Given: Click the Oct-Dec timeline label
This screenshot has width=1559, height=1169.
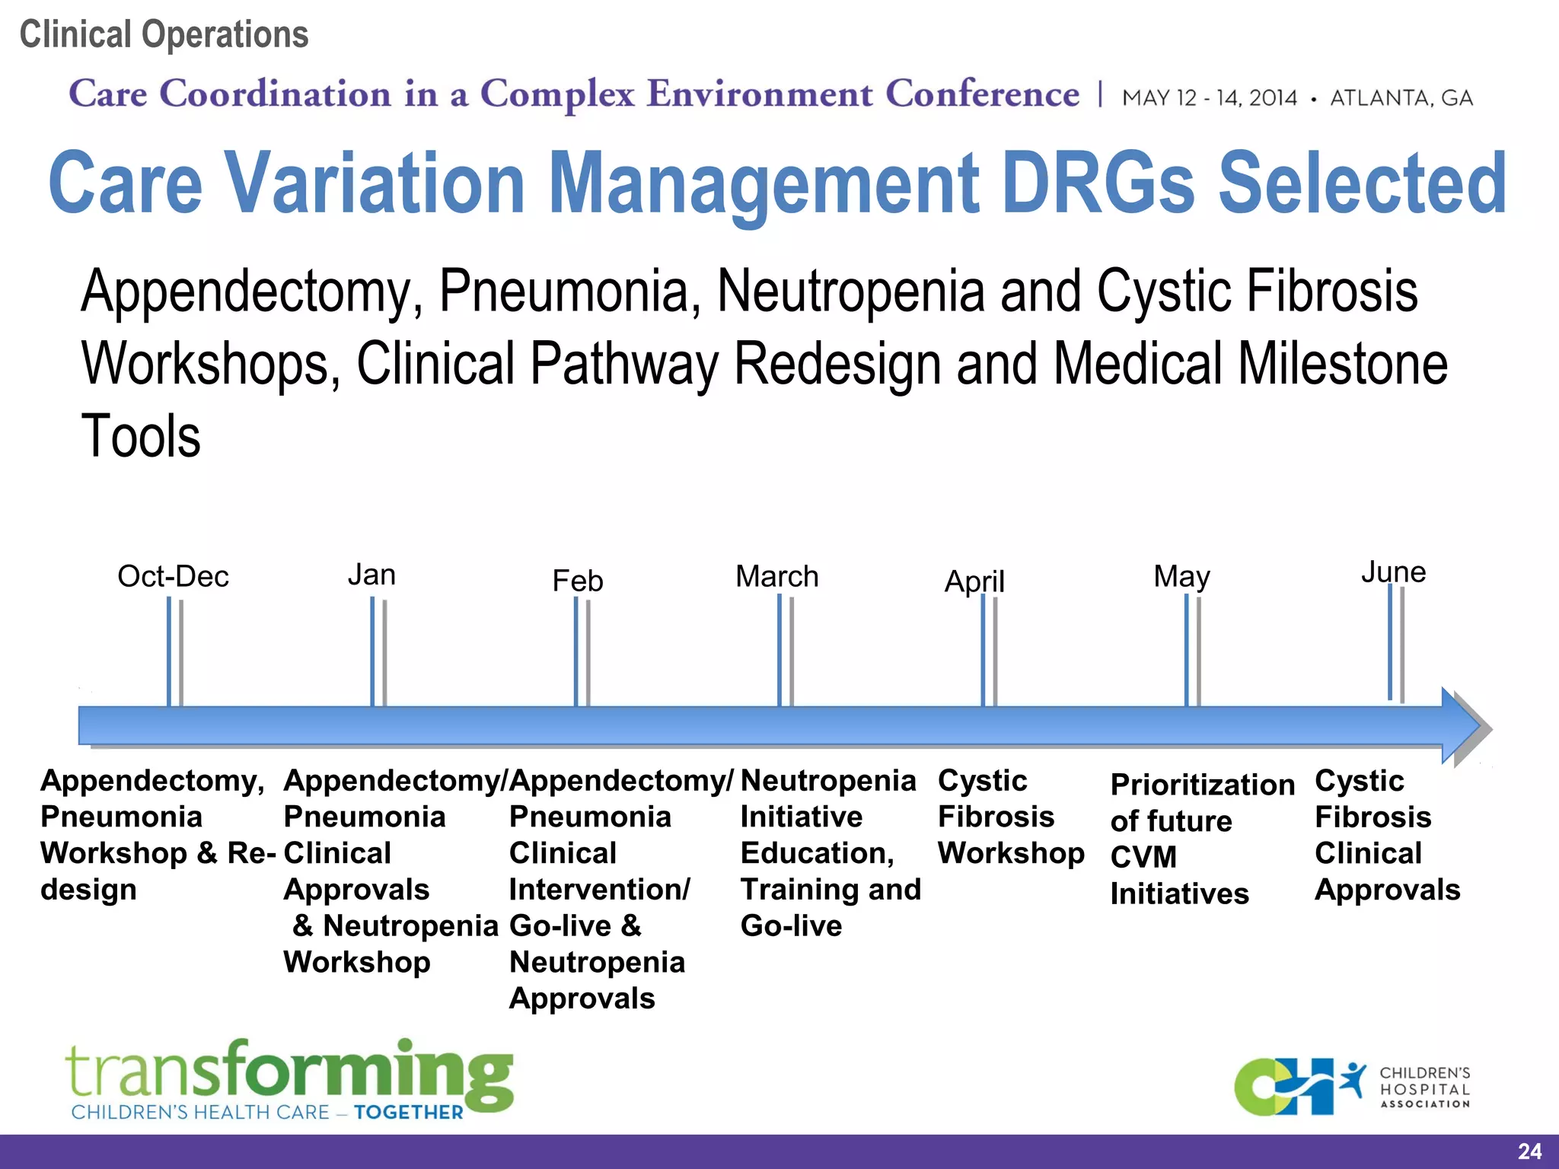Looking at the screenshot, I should tap(173, 576).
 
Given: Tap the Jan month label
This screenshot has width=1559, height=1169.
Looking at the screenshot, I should tap(371, 575).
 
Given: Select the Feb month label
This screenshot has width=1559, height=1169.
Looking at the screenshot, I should tap(578, 581).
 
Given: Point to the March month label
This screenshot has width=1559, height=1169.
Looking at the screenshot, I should tap(777, 576).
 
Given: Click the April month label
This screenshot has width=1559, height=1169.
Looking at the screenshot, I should tap(974, 581).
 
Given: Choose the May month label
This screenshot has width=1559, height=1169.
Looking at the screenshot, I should tap(1181, 576).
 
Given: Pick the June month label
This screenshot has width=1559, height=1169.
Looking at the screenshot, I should tap(1393, 572).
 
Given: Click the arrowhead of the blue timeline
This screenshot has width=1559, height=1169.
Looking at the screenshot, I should tap(1465, 726).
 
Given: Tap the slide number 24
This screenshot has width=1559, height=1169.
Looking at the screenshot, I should tap(1529, 1151).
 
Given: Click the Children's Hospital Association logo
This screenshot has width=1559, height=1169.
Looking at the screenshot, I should tap(1352, 1087).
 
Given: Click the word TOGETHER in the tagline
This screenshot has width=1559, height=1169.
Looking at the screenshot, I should tap(409, 1113).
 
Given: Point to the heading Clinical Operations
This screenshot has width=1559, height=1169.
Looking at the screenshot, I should tap(164, 34).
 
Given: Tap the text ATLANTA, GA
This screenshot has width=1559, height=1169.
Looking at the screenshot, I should tap(1401, 98).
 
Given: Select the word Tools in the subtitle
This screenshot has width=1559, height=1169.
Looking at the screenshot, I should tap(141, 436).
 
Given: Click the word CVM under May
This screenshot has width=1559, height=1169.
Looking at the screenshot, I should tap(1143, 857).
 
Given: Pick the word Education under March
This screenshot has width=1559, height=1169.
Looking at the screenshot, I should tap(816, 853).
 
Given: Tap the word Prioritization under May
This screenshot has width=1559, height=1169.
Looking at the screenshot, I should tap(1202, 785).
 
